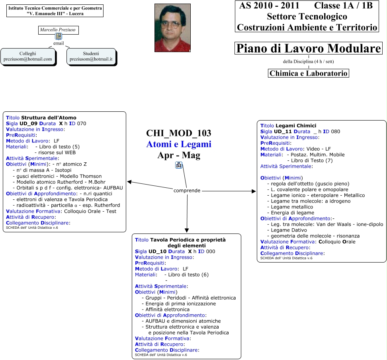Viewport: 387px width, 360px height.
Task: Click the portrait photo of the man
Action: [x=172, y=28]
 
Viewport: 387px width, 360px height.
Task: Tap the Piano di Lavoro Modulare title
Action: [x=309, y=49]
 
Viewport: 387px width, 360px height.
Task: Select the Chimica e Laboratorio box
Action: [x=309, y=73]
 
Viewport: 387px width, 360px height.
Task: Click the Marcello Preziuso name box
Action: [x=58, y=30]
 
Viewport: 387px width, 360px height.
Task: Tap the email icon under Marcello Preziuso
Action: [x=59, y=37]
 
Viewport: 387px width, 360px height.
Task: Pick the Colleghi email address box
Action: [x=28, y=56]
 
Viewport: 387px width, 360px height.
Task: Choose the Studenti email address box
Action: [x=91, y=56]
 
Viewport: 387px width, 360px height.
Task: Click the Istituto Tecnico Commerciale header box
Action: [x=55, y=11]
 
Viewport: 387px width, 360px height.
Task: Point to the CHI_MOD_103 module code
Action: [x=179, y=133]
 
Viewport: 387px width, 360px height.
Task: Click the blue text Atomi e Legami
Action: [x=179, y=144]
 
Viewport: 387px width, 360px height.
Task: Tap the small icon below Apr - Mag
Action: [x=179, y=165]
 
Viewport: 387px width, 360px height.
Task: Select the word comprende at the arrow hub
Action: [x=187, y=191]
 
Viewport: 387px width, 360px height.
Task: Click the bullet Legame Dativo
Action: [x=289, y=230]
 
